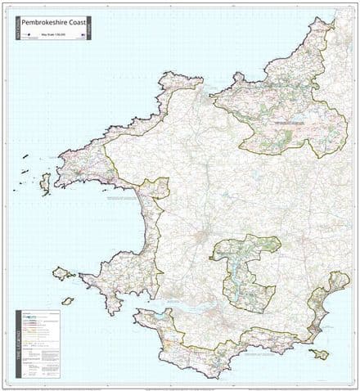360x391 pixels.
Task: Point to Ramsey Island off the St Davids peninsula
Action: [x=45, y=179]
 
